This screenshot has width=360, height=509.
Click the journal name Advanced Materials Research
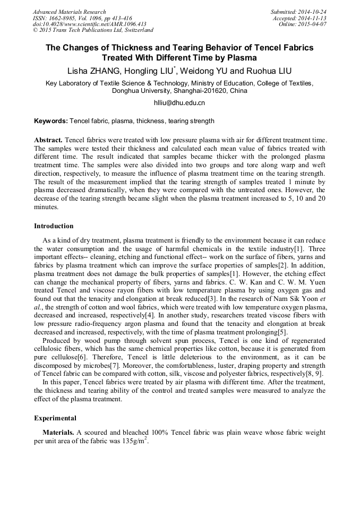(x=69, y=12)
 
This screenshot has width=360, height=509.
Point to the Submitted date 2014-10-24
(x=313, y=12)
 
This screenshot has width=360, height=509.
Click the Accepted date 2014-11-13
(x=314, y=18)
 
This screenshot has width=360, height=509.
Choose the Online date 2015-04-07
(x=314, y=24)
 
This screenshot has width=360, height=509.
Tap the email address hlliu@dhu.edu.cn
(x=179, y=103)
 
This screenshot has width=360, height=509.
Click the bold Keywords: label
(x=51, y=121)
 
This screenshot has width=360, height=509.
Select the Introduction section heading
(x=54, y=226)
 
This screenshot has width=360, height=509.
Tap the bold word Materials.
(x=58, y=433)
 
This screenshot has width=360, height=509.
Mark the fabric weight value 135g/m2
(x=135, y=442)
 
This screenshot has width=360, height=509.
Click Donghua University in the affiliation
(x=142, y=91)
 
